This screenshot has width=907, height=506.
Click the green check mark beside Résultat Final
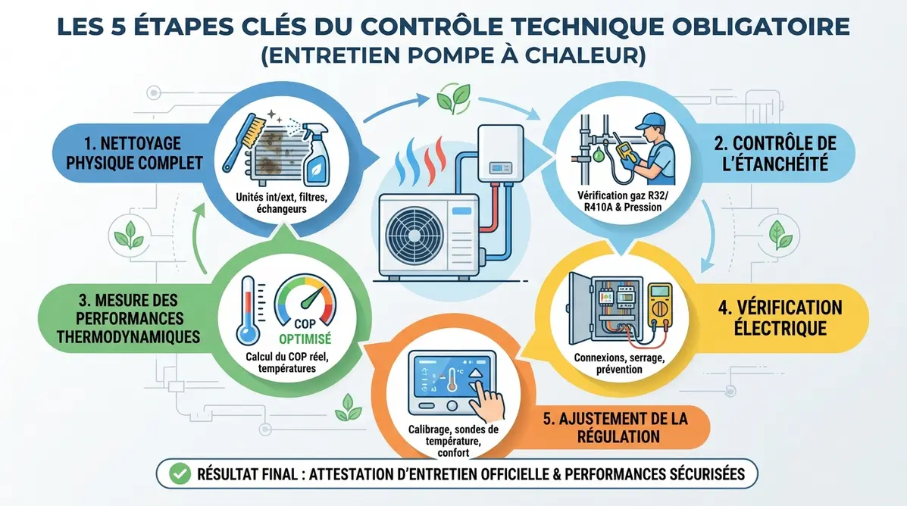(x=180, y=474)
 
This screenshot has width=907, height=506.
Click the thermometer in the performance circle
(x=248, y=311)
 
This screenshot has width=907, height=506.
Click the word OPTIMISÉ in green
(x=305, y=339)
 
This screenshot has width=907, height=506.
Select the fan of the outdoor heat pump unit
(x=414, y=235)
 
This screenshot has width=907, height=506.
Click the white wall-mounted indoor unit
(x=500, y=153)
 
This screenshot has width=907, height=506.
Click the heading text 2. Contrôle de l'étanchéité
(x=775, y=153)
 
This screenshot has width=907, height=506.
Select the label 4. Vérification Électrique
(x=780, y=317)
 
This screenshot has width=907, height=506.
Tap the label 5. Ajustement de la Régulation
(x=615, y=427)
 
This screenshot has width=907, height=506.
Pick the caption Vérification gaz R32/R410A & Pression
(x=622, y=201)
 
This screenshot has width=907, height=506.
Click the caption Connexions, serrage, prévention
(x=620, y=363)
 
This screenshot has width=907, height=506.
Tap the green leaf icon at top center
(x=453, y=98)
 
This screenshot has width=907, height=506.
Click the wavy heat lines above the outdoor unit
(x=421, y=159)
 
